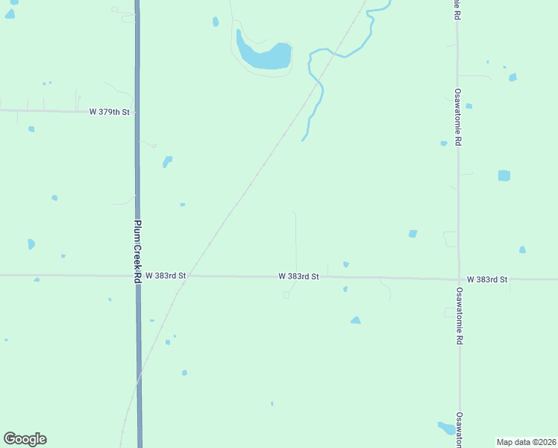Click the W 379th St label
point(110,112)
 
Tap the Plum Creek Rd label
point(138,251)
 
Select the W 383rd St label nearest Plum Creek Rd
point(166,276)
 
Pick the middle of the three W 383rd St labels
point(298,276)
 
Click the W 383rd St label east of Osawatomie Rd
point(487,279)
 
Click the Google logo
point(25,439)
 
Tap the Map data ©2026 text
point(527,442)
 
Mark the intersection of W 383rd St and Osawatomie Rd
point(459,279)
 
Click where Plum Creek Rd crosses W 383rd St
point(138,276)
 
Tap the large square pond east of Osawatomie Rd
point(504,175)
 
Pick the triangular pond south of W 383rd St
point(356,320)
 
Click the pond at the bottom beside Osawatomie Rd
point(446,428)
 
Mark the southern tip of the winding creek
point(303,140)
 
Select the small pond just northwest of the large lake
point(216,22)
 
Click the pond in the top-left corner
point(10,13)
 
